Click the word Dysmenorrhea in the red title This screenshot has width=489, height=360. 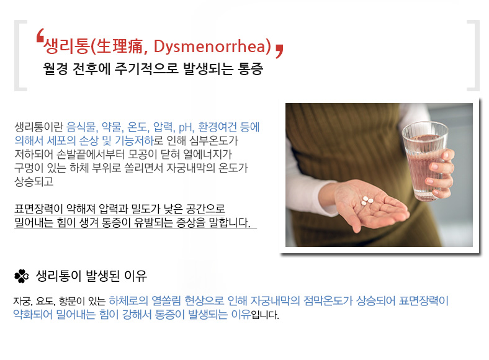point(212,47)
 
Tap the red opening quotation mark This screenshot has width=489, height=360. point(40,35)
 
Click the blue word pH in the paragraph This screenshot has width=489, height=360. point(186,127)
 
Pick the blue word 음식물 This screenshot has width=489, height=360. point(82,127)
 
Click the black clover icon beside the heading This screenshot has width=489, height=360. point(22,276)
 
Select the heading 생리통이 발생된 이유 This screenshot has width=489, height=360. point(91,276)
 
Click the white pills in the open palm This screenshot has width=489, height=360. point(366,201)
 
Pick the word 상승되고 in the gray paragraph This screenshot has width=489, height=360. point(34,181)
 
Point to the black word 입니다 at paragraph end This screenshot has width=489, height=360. point(265,315)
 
